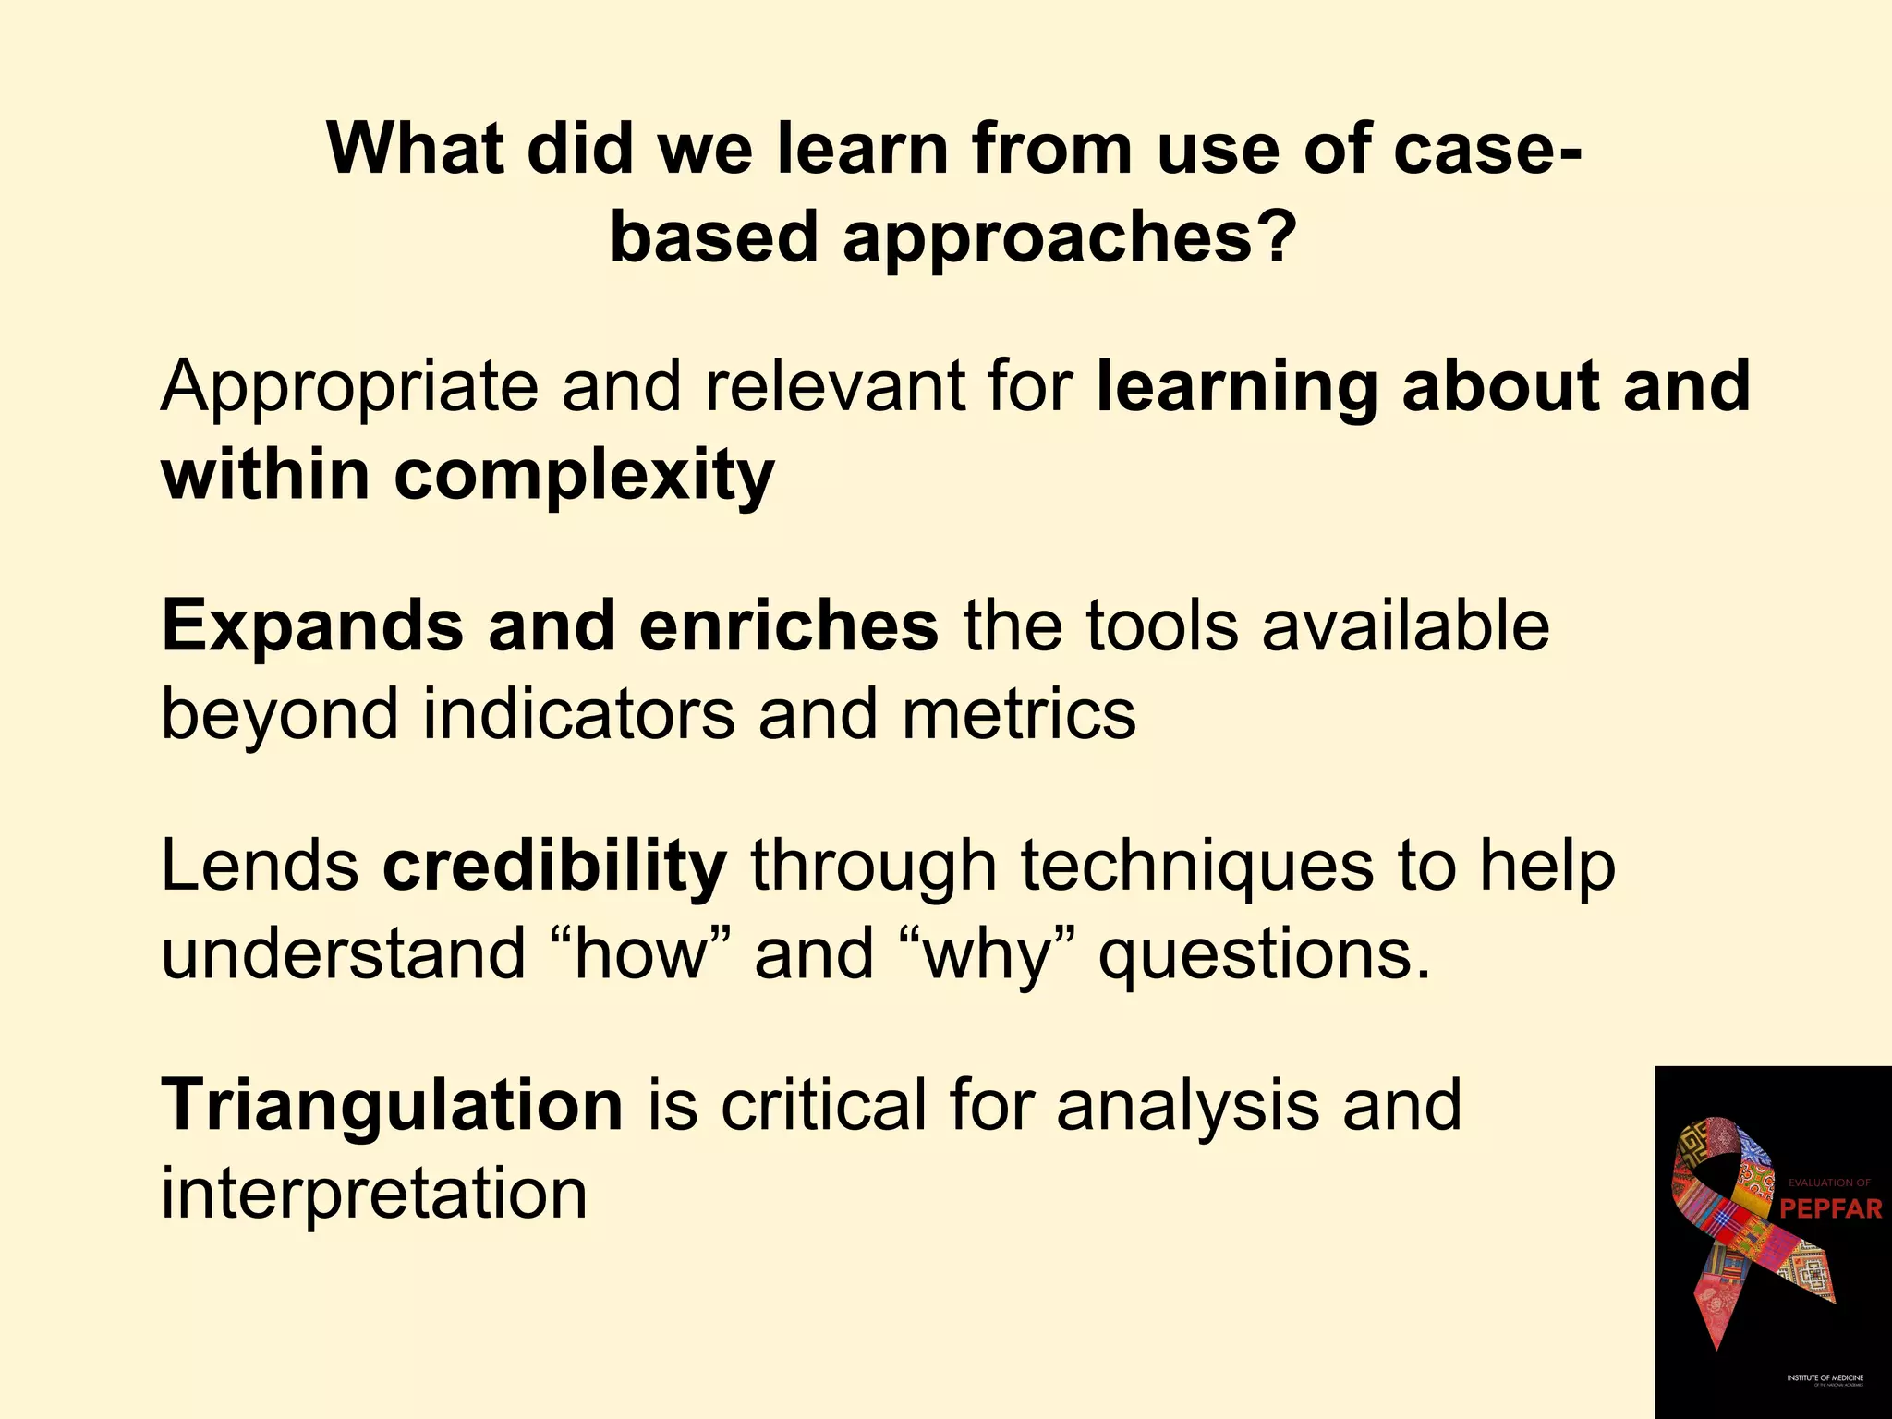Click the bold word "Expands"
coord(312,626)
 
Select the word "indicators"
coord(578,714)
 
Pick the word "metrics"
coord(1018,714)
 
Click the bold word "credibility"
coord(555,867)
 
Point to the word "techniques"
coord(1196,867)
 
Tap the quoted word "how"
coord(639,954)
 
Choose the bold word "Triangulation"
coord(393,1105)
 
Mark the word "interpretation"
coord(374,1193)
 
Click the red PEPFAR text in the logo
coord(1830,1208)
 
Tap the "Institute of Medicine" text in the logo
coord(1825,1377)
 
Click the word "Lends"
coord(260,867)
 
